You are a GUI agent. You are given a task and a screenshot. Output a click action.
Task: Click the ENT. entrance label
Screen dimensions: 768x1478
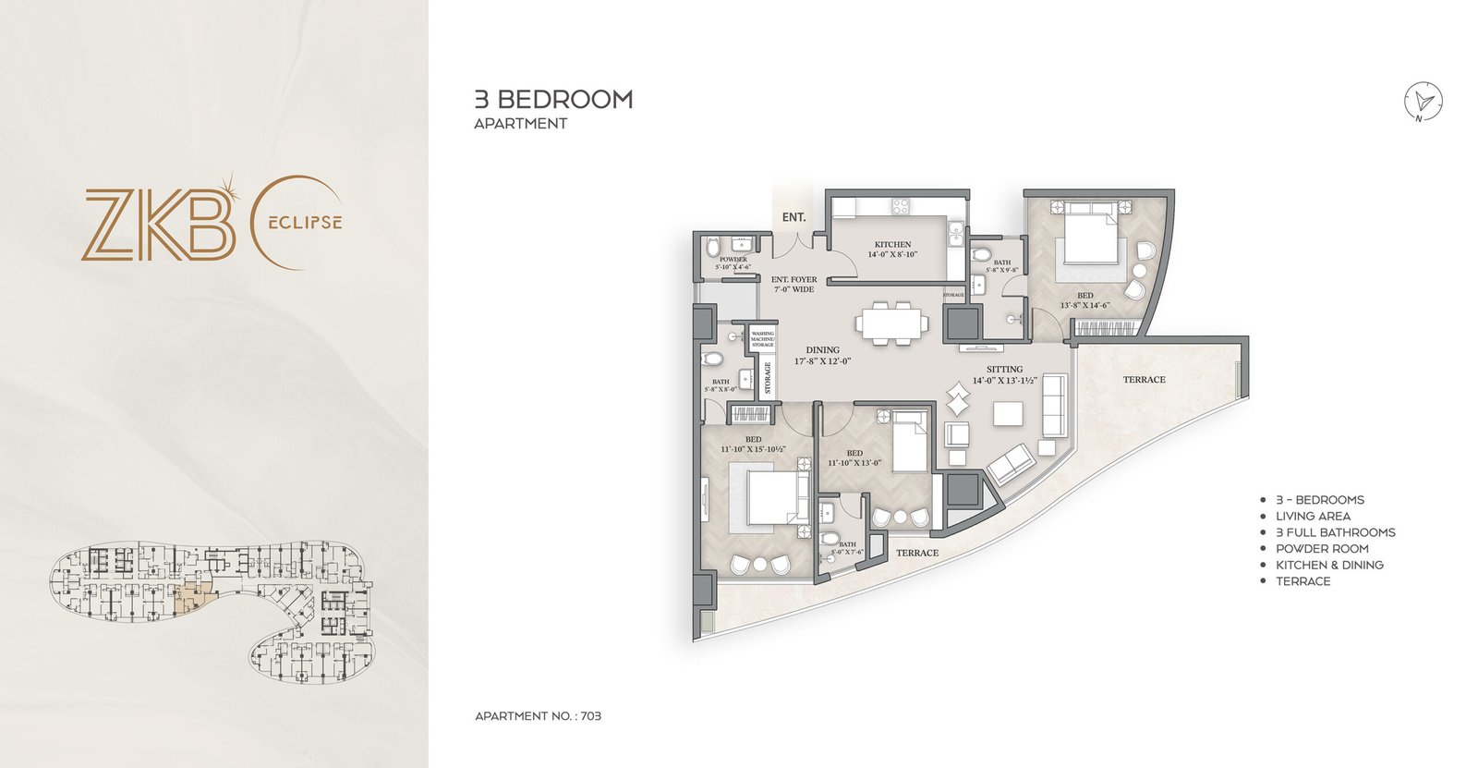[794, 218]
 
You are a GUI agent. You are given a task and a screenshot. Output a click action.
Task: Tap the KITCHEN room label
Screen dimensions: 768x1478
[892, 245]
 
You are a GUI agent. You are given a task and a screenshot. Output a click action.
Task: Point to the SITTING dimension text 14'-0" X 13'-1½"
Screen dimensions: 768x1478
[1004, 380]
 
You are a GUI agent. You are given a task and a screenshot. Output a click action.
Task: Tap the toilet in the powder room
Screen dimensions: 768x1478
[712, 249]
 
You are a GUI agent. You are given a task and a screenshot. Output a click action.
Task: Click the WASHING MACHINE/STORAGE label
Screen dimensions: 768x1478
[762, 339]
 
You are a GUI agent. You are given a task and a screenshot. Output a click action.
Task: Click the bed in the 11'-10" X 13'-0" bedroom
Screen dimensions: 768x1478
[908, 441]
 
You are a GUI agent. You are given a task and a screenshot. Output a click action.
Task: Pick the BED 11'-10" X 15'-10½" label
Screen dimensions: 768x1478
[753, 445]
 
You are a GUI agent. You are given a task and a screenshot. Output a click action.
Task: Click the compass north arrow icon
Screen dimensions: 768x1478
[1423, 102]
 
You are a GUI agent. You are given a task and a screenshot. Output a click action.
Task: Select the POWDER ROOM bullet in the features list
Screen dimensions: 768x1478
[1322, 548]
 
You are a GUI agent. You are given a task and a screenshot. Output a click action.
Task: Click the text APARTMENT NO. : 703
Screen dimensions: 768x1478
[538, 715]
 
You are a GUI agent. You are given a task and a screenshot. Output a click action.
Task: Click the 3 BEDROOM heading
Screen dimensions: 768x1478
[553, 99]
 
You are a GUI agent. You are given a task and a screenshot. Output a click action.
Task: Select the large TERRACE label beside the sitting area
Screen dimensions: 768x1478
[1144, 380]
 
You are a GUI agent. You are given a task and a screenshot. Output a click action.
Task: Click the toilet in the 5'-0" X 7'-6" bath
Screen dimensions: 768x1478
[830, 540]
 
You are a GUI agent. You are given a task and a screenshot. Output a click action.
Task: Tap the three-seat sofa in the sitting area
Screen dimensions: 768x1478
[1054, 406]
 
